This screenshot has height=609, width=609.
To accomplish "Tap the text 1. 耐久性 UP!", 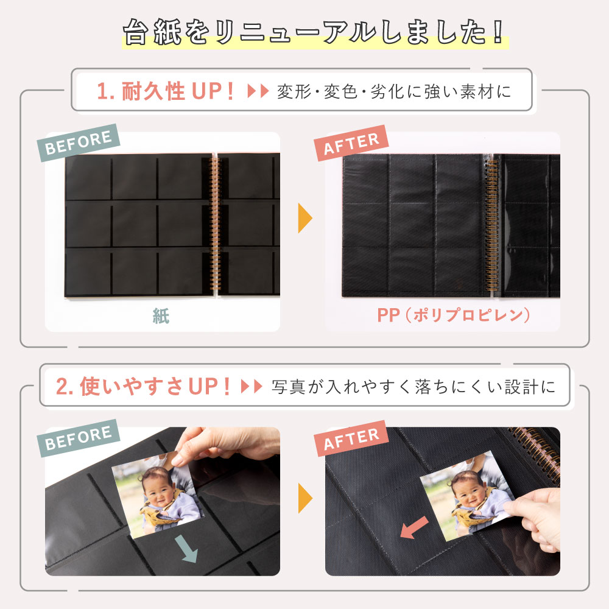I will pos(166,91).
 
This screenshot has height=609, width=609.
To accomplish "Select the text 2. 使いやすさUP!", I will pos(144,386).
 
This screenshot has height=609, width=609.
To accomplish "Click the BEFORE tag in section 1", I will pos(79,141).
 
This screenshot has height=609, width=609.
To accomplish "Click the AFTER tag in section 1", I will pos(351,143).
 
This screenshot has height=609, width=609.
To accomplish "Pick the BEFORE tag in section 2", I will pos(79,437).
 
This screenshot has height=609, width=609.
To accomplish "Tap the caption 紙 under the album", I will pos(161,316).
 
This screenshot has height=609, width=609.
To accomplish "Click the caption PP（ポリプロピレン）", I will pos(454,315).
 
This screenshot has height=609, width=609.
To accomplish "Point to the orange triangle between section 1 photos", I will pos(304,219).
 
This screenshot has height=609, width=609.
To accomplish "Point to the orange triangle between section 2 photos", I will pos(304,499).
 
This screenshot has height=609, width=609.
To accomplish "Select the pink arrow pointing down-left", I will pos(414,527).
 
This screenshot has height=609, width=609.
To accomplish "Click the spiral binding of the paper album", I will pos(214,225).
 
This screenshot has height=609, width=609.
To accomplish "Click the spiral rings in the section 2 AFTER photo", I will pos(536,445).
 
